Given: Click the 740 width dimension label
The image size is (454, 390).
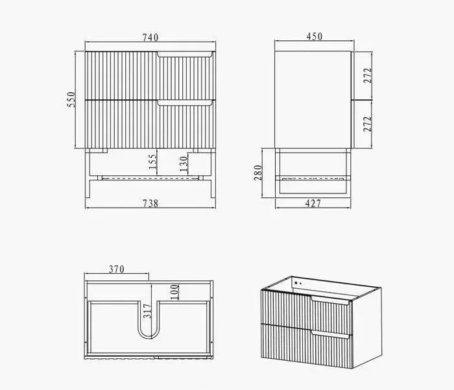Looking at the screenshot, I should click(x=150, y=38).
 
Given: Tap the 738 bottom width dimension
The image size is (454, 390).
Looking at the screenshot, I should click(x=150, y=203).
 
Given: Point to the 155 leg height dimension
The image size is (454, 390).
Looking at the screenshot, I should click(x=152, y=162).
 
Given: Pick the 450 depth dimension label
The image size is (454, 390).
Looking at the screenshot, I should click(x=315, y=38).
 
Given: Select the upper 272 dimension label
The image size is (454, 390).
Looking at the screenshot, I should click(x=367, y=76).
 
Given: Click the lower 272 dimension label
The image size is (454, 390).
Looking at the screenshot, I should click(x=367, y=124).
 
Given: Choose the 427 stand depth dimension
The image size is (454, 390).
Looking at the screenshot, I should click(x=313, y=203).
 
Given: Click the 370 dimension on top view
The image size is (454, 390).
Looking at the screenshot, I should click(x=116, y=269).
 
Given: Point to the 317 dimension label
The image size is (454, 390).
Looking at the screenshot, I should click(x=147, y=312).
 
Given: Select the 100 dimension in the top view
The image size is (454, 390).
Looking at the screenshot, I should click(x=174, y=292).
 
